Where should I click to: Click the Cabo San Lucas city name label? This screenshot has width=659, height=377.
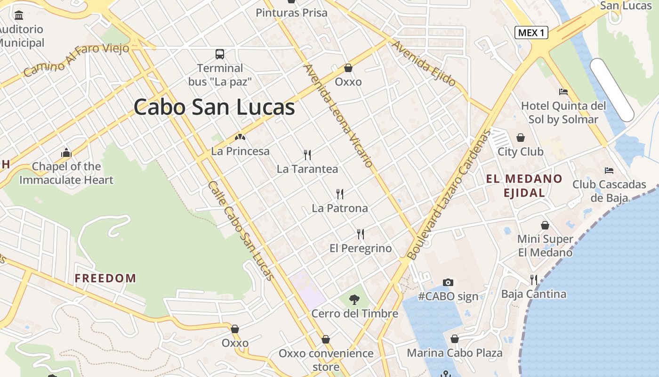pos(214,107)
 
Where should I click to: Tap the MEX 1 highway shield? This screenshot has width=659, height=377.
pos(531,33)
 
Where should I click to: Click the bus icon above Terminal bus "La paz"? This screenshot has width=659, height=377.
pos(220,54)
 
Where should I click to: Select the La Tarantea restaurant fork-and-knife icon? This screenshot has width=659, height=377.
pos(307,155)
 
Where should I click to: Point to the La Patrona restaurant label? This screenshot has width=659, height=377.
pos(340,208)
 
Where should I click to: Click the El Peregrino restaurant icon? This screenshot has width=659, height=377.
pos(361,234)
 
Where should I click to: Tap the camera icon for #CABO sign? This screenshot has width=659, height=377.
pos(448,282)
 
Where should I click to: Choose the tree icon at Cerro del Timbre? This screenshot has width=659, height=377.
pos(354,299)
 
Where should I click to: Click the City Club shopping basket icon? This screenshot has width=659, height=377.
pos(521,138)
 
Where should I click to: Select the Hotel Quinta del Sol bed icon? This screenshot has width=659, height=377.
pos(563,91)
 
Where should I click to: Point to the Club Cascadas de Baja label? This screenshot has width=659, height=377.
pos(609,191)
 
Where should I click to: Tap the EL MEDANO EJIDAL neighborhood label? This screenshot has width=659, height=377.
pos(524,186)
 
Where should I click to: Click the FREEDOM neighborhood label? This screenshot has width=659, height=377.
pos(105,278)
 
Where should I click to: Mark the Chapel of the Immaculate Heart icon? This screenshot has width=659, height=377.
pos(66,153)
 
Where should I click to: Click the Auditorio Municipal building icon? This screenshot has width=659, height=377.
pos(19,15)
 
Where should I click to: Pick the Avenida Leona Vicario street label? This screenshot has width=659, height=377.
pos(339,116)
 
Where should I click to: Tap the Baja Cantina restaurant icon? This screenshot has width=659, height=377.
pos(534,280)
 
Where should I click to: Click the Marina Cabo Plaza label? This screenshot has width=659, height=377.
pos(455,353)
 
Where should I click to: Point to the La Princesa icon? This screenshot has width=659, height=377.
pos(241,138)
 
